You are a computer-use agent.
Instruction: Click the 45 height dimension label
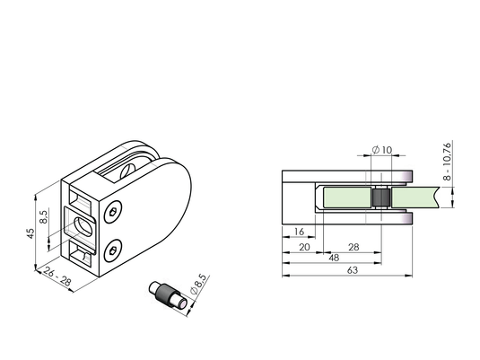[x=31, y=233]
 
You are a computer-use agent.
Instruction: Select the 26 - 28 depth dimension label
[x=57, y=277]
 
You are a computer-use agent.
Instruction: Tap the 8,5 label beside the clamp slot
[x=44, y=216]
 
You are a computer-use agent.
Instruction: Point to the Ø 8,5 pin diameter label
[x=198, y=285]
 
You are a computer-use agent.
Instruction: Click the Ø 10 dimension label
[x=382, y=150]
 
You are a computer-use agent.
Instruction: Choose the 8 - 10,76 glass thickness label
[x=447, y=162]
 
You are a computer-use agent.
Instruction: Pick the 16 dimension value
[x=299, y=232]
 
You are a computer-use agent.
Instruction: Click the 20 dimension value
[x=304, y=247]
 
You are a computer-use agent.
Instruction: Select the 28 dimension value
[x=353, y=247]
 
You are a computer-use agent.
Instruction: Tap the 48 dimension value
[x=334, y=258]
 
